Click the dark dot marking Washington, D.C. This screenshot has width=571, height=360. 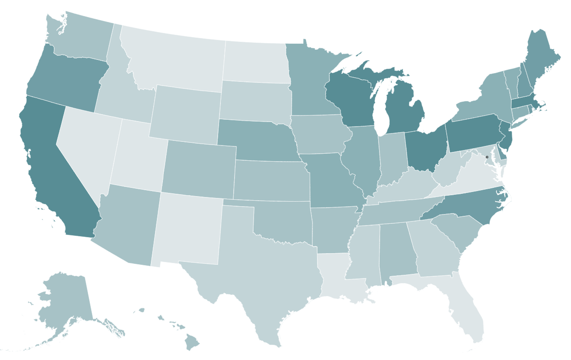point(487,157)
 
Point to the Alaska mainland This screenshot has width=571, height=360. point(64,299)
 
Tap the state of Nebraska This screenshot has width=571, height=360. point(258,138)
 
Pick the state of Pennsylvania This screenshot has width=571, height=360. point(474,134)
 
